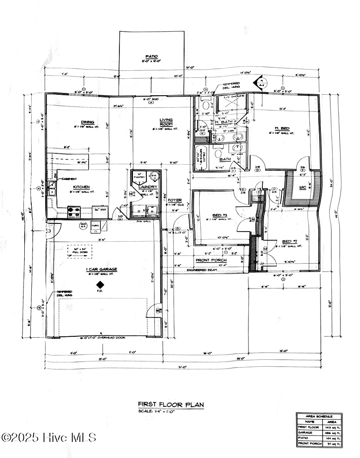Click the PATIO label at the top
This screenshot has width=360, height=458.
point(152,56)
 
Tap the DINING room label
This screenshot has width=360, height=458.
point(87,122)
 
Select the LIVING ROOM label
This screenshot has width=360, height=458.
point(166,122)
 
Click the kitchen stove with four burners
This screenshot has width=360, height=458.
point(74,211)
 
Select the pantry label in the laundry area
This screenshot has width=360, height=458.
point(140,176)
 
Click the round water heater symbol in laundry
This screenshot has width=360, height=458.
point(153,176)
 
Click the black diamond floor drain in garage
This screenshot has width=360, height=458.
point(100,285)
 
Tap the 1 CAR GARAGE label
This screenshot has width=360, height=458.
point(101,269)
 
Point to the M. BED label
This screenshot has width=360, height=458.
point(285,128)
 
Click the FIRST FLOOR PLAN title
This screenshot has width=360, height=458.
point(171,404)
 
